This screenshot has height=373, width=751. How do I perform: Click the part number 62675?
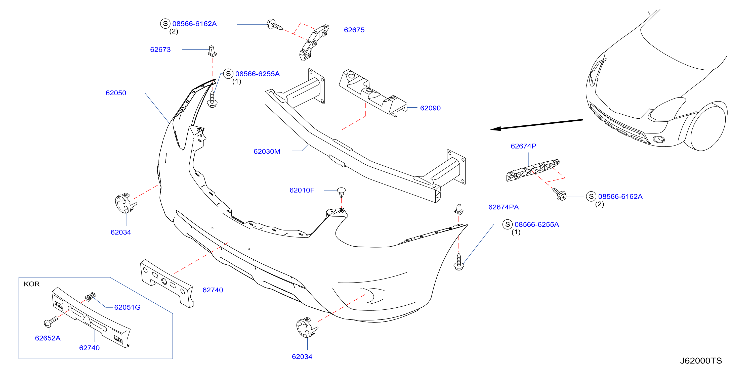[354, 30]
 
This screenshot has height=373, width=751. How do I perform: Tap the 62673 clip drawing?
[212, 51]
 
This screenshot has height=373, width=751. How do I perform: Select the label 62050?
[116, 93]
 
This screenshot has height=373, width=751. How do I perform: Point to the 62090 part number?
[430, 108]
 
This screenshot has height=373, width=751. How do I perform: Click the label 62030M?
[267, 152]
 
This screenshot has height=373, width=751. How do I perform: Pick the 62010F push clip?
[341, 192]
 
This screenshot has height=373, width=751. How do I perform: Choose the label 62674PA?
[504, 207]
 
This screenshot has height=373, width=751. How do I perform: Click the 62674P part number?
[523, 146]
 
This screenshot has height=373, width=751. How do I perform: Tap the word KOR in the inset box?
[31, 284]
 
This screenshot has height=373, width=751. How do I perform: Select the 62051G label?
[127, 307]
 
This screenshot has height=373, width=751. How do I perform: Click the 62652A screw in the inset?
[51, 322]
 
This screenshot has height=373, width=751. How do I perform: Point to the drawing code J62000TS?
[701, 361]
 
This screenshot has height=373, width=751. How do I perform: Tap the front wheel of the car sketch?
[707, 127]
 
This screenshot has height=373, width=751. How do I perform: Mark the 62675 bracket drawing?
[314, 42]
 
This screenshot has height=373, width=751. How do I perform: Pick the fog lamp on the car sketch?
[659, 139]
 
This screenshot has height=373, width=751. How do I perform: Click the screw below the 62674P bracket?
[559, 194]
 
